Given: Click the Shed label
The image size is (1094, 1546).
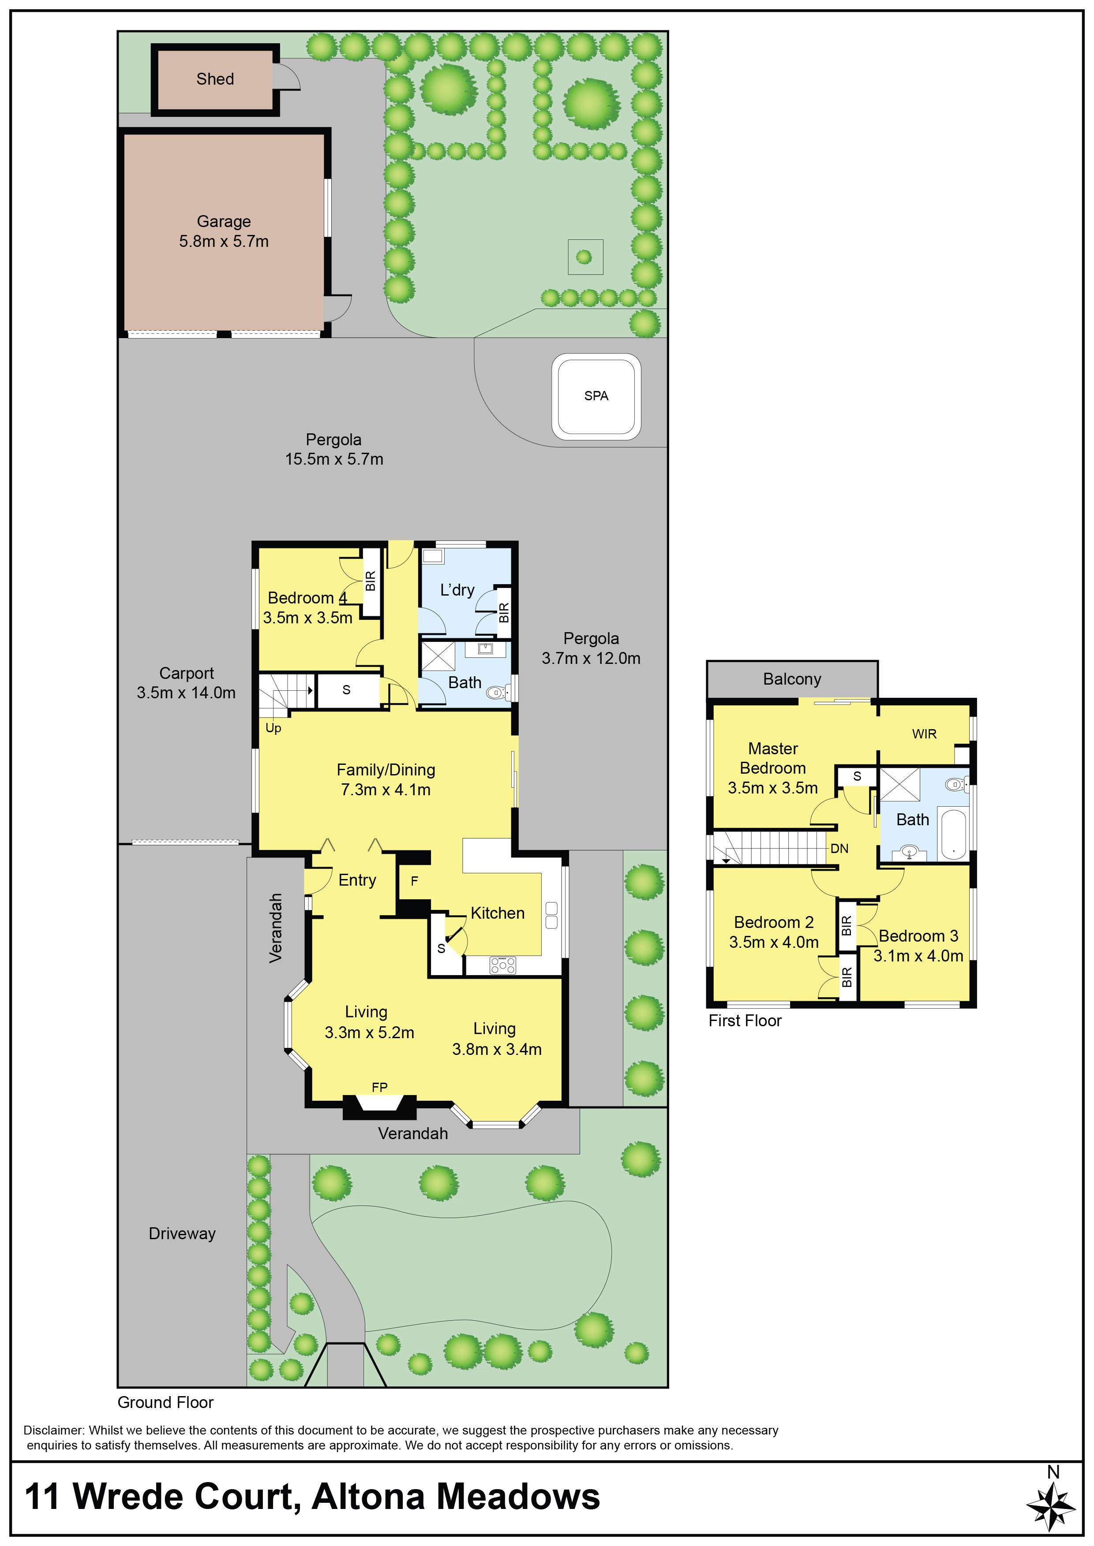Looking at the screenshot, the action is coord(215,79).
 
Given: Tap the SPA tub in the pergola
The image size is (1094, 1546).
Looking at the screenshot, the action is coord(596,397).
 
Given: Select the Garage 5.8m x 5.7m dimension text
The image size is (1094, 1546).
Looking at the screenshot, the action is coord(224,241).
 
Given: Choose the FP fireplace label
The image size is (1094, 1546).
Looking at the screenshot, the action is coord(379,1088).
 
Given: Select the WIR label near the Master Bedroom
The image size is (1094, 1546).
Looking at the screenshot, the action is coord(924,734).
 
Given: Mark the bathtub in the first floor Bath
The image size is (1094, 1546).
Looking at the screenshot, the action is coord(952,835).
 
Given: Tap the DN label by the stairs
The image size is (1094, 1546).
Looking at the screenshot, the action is coord(839,849).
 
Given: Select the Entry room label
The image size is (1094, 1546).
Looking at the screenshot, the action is coord(357,880).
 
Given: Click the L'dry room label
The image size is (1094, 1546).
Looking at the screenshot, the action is coord(457,590).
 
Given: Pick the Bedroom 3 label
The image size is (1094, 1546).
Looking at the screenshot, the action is coord(918,936).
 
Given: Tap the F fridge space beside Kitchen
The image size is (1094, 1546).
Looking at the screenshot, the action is coord(414,881).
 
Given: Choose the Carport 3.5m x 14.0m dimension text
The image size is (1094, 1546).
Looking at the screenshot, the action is coord(186,693).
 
